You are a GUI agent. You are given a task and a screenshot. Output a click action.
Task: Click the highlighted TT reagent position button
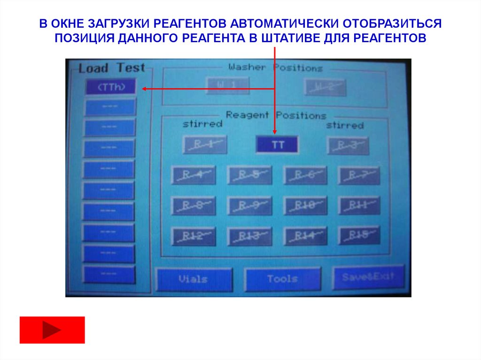[x=277, y=145]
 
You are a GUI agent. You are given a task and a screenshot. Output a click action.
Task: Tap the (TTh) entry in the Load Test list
[x=111, y=86]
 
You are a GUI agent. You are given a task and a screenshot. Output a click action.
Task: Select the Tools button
[x=283, y=279]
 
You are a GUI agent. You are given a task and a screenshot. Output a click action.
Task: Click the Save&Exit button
[x=368, y=277]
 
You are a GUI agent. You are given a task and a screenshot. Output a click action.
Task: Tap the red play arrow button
[x=52, y=330]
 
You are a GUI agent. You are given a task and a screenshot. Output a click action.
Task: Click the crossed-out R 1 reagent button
[x=204, y=145]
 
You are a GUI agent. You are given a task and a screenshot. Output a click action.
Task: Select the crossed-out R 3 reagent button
[x=348, y=146]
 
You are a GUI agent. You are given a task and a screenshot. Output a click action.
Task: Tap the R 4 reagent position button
[x=194, y=175]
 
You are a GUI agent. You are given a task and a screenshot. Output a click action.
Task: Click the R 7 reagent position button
[x=359, y=175]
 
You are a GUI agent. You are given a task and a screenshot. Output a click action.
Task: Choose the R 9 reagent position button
[x=249, y=206]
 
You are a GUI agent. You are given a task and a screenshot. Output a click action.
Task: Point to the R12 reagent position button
[x=194, y=236]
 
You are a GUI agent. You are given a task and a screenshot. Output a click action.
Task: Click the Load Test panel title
[x=112, y=68]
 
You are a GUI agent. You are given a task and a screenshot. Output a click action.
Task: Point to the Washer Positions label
[x=275, y=68]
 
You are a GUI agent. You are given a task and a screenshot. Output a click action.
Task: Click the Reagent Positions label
[x=276, y=115]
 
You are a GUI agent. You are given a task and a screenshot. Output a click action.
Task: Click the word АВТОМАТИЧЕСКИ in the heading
[x=283, y=23]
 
